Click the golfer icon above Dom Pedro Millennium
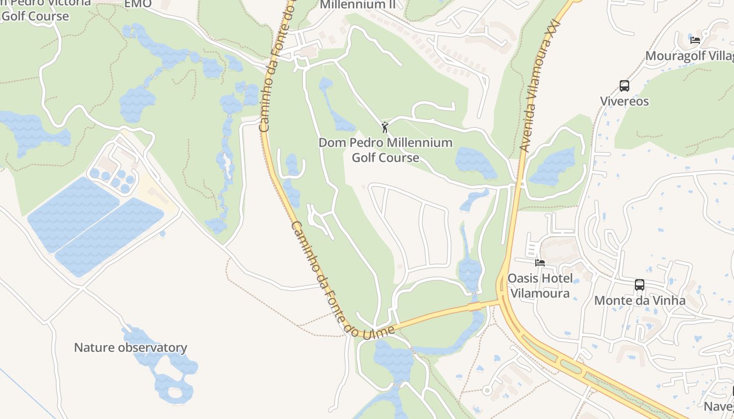point(385,127)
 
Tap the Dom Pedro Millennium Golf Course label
point(385,150)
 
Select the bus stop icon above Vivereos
point(624,86)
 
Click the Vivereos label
point(624,101)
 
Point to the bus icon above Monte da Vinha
point(639,285)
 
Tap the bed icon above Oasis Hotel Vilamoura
point(539,262)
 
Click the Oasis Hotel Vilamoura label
point(540,285)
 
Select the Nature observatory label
point(131,348)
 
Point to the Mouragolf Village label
point(689,56)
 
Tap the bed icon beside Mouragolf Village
point(695,40)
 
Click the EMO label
point(138,4)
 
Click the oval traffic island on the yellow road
point(572,366)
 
